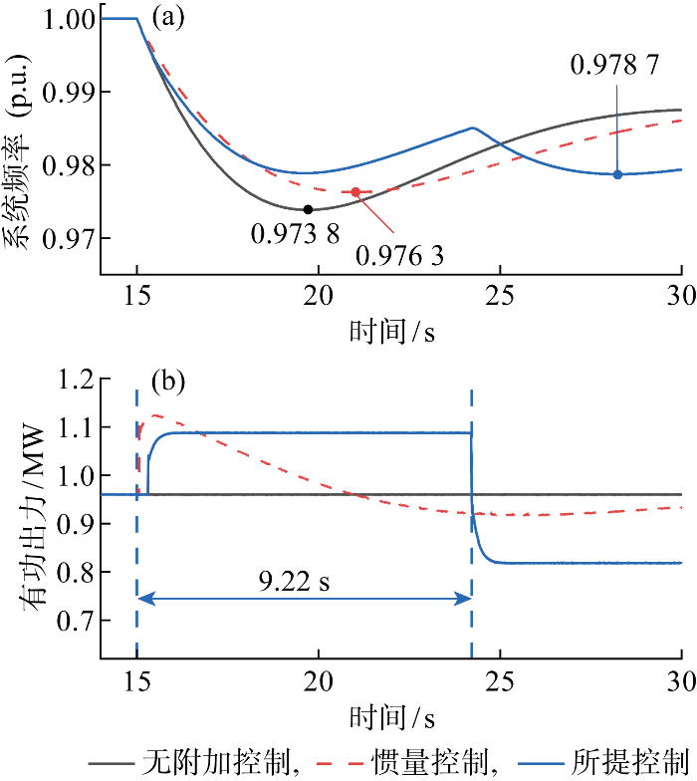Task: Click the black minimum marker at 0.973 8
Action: click(308, 209)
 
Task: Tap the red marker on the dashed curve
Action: click(355, 191)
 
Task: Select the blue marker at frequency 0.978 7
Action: click(617, 174)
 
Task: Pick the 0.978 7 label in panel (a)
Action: click(614, 65)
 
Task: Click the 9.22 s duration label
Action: click(302, 581)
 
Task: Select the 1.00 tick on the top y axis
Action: click(73, 19)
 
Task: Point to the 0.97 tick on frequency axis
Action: click(73, 238)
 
